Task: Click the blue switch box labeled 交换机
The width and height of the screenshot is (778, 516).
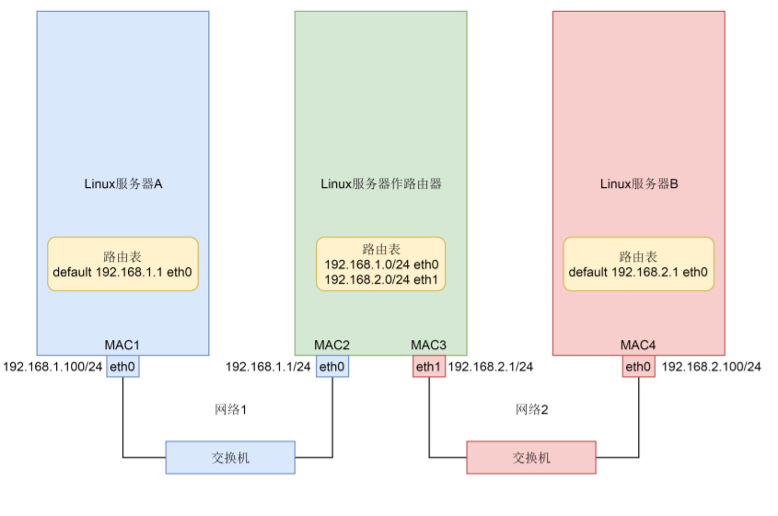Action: click(230, 457)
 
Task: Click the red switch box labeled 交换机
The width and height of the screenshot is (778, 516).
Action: click(531, 457)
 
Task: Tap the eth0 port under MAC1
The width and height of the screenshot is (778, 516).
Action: click(122, 367)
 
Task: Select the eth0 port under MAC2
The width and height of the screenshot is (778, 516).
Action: click(331, 367)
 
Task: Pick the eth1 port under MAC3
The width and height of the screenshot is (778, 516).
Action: click(428, 367)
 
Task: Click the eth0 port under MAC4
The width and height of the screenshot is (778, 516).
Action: click(638, 367)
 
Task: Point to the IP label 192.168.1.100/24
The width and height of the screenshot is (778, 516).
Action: click(53, 367)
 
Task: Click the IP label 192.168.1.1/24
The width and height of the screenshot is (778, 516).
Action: click(268, 367)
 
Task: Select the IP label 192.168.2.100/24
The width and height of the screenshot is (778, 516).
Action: click(712, 367)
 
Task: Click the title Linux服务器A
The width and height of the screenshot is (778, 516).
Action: click(122, 183)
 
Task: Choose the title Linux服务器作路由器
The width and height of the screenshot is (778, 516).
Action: click(380, 183)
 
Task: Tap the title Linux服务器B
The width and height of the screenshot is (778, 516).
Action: click(638, 183)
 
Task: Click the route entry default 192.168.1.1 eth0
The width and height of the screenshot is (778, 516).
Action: click(122, 272)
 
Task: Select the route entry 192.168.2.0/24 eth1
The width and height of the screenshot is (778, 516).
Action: click(380, 278)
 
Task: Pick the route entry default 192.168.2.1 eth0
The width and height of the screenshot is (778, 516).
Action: click(638, 272)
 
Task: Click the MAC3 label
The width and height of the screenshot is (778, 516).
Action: click(428, 345)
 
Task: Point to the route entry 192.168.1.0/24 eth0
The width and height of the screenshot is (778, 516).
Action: click(380, 264)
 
